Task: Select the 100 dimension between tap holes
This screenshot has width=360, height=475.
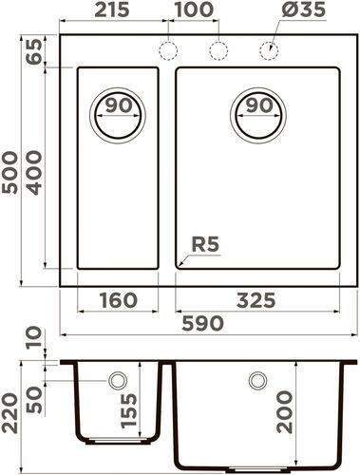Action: point(194,13)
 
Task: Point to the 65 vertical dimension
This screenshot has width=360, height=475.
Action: point(35,51)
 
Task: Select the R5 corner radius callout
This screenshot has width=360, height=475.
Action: point(205,245)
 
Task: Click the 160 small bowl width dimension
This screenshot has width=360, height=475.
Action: point(118,301)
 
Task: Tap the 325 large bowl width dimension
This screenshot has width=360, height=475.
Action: point(256,301)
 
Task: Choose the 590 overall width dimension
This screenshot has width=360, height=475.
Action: point(203,324)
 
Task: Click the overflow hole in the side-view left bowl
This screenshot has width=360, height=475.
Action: point(117,380)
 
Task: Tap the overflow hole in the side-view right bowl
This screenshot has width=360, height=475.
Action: point(256,380)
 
